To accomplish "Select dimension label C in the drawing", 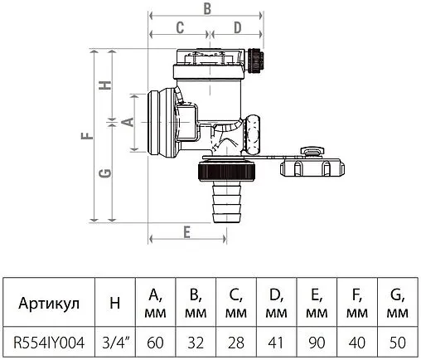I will pos(178,27).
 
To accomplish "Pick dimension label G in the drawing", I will pos(105,173).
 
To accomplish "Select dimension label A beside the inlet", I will pos(127,121).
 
